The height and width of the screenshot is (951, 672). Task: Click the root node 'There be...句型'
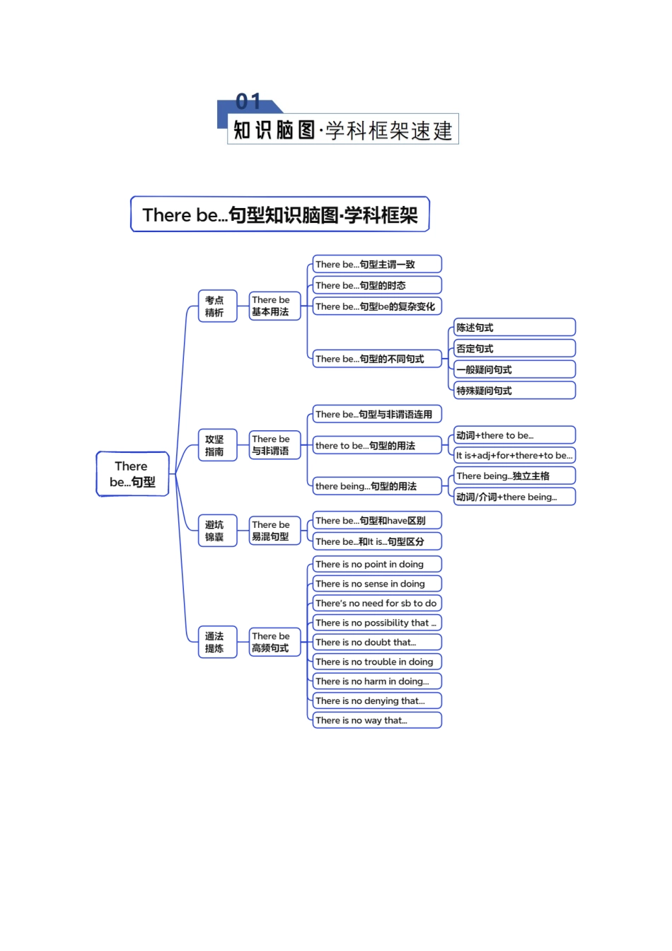click(132, 474)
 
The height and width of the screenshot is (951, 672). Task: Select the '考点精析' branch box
click(216, 306)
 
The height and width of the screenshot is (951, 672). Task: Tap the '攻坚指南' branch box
click(216, 445)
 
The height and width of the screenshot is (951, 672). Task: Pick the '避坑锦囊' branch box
click(216, 531)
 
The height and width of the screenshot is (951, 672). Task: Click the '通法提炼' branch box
click(216, 642)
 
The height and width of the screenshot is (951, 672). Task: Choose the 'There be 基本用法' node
click(274, 306)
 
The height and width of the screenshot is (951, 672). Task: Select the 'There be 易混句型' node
click(274, 531)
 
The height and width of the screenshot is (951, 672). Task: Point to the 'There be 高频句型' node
click(274, 642)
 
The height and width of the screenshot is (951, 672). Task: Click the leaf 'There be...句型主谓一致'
click(377, 265)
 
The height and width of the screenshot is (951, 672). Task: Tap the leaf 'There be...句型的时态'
click(377, 285)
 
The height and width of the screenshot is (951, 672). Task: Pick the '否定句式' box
click(514, 348)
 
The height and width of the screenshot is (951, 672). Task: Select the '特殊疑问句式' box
click(514, 391)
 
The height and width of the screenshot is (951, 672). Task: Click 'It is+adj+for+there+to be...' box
click(514, 455)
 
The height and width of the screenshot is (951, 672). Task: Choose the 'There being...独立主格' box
click(514, 475)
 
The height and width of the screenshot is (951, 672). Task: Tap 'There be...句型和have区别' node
click(377, 521)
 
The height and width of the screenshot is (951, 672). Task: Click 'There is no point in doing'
click(377, 564)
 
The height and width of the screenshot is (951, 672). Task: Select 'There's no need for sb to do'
click(377, 603)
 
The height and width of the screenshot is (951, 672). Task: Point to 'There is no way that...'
click(377, 720)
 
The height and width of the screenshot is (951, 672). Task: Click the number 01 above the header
click(248, 102)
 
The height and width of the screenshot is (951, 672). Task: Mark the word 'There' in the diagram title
click(167, 215)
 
